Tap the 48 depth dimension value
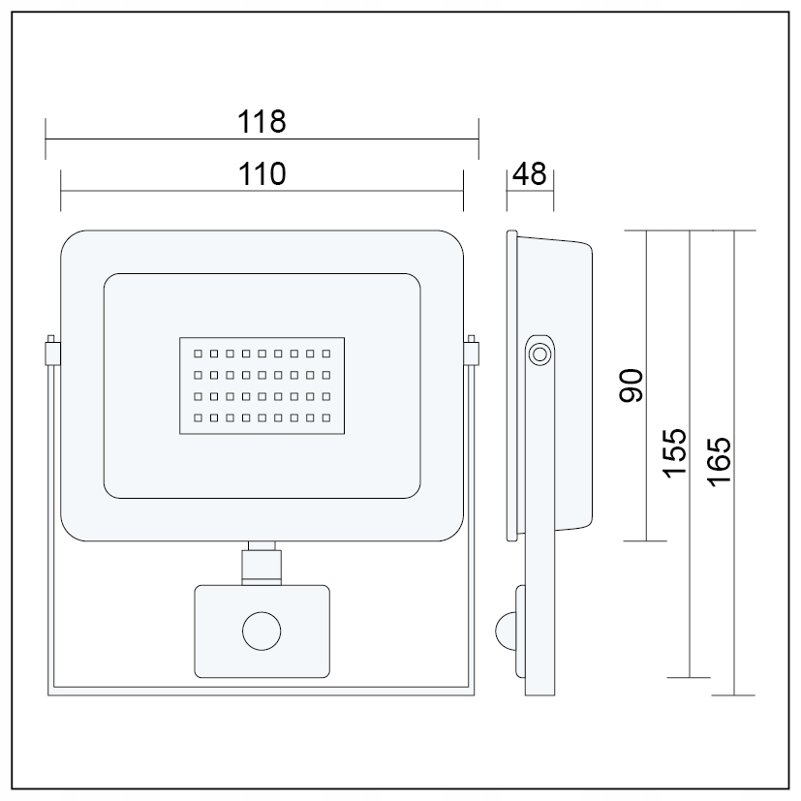pos(530,173)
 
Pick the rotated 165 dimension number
pos(718,462)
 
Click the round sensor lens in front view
pos(262,632)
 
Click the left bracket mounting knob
pos(50,351)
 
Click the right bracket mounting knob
pos(472,351)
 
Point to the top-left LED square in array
pos(197,353)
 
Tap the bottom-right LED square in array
pos(326,418)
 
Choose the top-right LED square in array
pos(326,353)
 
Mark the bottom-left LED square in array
pos(197,418)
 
